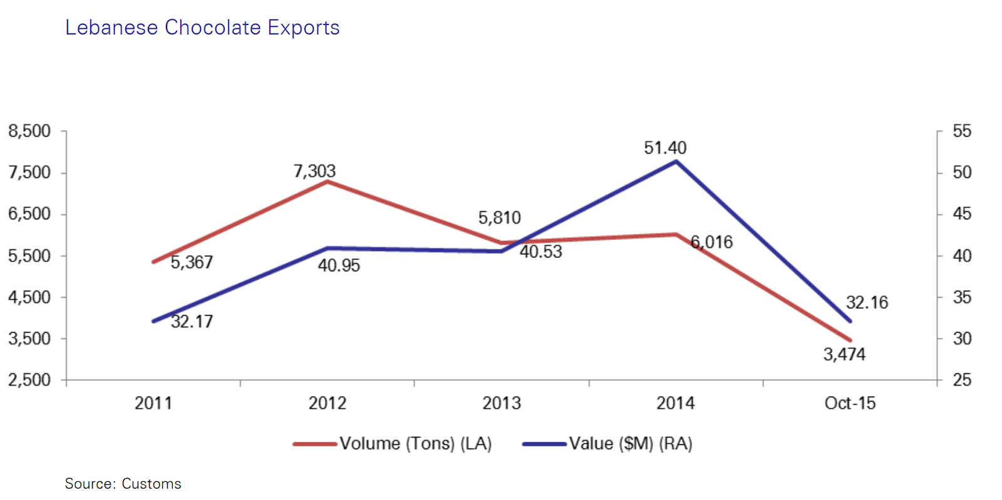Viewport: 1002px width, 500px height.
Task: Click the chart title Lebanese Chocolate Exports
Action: pyautogui.click(x=202, y=28)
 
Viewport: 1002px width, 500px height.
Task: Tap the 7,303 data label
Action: pyautogui.click(x=314, y=171)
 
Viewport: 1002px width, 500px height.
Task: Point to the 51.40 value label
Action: pyautogui.click(x=665, y=148)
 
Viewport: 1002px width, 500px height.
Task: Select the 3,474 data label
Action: pyautogui.click(x=844, y=355)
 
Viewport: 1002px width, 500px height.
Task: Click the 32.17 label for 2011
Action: pyautogui.click(x=192, y=321)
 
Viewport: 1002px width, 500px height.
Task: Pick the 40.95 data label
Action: pyautogui.click(x=339, y=266)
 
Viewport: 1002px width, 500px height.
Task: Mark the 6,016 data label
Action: pyautogui.click(x=711, y=242)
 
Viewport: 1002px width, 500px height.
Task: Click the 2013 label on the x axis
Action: pyautogui.click(x=501, y=403)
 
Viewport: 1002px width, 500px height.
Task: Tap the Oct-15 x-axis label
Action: pyautogui.click(x=850, y=403)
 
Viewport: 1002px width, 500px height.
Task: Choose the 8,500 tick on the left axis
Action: pyautogui.click(x=29, y=131)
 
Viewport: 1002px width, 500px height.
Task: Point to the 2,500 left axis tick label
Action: pyautogui.click(x=29, y=380)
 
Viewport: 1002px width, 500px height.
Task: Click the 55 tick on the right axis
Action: pyautogui.click(x=961, y=131)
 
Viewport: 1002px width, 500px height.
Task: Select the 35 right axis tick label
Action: pyautogui.click(x=961, y=297)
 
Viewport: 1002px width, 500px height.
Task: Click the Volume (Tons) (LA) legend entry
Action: pyautogui.click(x=415, y=444)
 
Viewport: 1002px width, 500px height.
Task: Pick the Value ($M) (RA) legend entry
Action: pyautogui.click(x=630, y=444)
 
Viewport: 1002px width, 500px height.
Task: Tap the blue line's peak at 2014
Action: pyautogui.click(x=676, y=162)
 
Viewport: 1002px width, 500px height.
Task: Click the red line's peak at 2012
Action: pyautogui.click(x=328, y=181)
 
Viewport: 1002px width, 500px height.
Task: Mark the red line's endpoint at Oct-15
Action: pyautogui.click(x=850, y=340)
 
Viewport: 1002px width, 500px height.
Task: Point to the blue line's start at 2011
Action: pyautogui.click(x=153, y=321)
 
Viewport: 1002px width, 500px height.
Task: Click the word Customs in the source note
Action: pyautogui.click(x=152, y=484)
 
